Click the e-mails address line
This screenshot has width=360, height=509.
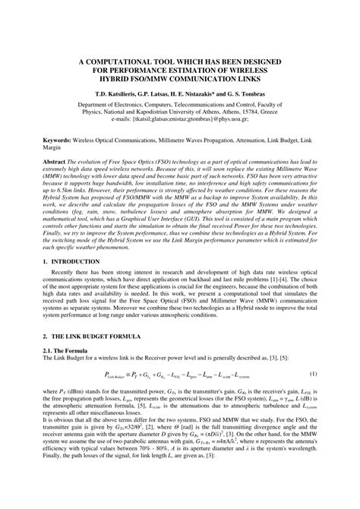pos(180,119)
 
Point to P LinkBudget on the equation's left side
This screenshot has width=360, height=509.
pos(115,397)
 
